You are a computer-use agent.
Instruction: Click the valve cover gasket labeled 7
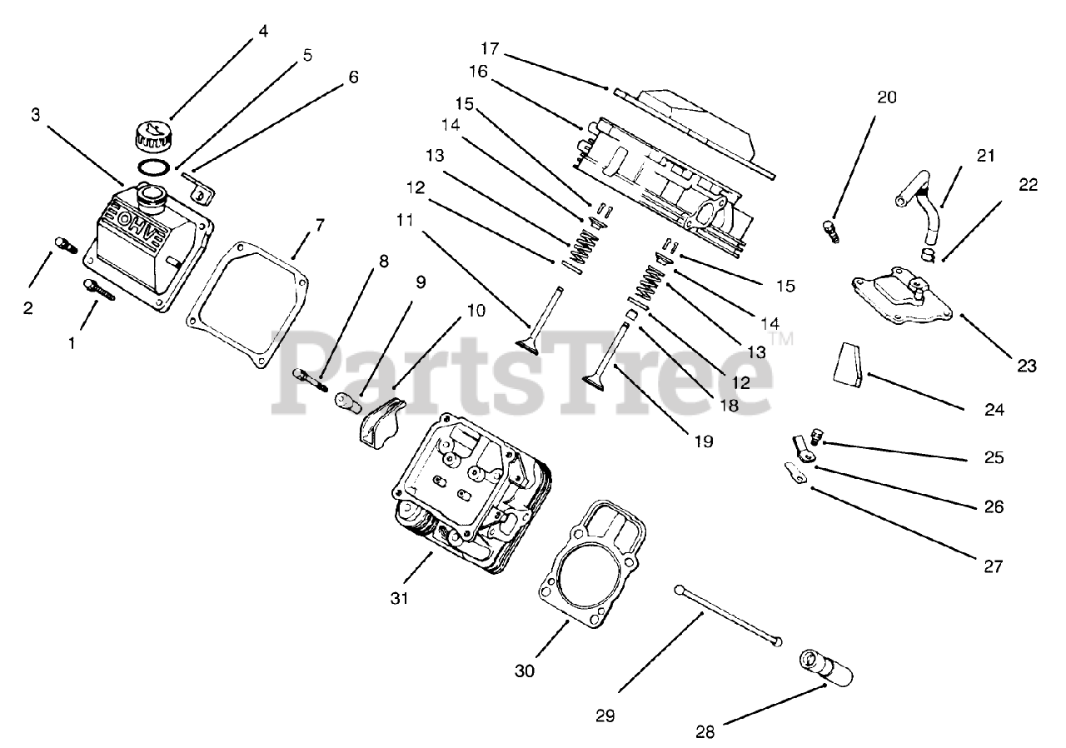242,307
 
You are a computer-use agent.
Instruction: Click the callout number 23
1027,365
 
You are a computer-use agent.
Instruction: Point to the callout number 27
993,566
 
